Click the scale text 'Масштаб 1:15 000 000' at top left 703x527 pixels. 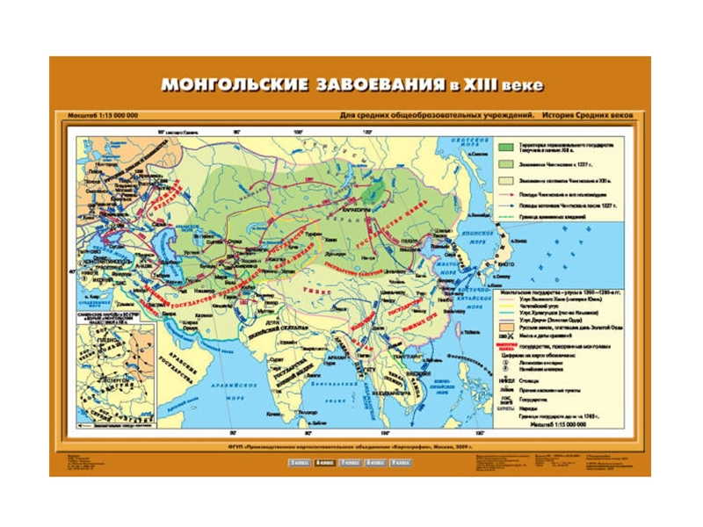pos(103,116)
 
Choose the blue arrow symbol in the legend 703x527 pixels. pos(507,204)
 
